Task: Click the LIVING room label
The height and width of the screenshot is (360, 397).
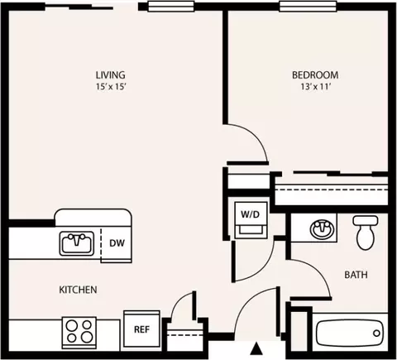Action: tap(110, 75)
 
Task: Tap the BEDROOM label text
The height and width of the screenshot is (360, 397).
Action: tap(315, 75)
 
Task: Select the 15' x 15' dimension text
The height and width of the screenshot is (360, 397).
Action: tap(111, 87)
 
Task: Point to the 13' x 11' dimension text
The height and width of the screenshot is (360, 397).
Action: tap(316, 87)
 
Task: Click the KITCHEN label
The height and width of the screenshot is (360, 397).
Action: tap(78, 290)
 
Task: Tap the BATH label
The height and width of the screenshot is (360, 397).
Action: tap(356, 275)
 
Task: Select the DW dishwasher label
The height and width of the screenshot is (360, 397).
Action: tap(117, 243)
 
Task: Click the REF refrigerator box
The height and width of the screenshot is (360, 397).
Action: tap(141, 329)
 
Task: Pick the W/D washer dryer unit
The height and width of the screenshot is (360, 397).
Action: tap(251, 220)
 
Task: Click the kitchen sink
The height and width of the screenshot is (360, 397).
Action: tap(76, 243)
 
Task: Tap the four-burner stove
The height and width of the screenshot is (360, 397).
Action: tap(79, 332)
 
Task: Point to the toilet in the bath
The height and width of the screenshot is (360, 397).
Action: tap(366, 233)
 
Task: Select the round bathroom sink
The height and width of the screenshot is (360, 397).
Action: tap(322, 228)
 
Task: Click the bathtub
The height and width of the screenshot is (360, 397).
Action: tap(349, 333)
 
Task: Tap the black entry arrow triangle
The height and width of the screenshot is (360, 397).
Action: tap(257, 348)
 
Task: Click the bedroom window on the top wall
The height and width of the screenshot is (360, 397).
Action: tap(308, 6)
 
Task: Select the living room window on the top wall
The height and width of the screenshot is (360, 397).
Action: tap(171, 6)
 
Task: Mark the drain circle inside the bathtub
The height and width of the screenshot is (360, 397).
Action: tap(376, 333)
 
